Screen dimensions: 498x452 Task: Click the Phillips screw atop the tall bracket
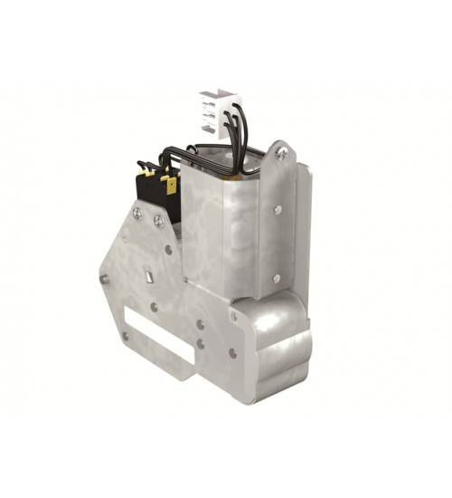[281, 154]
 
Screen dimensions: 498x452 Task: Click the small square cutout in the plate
[146, 273]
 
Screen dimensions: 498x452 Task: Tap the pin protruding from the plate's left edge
[104, 279]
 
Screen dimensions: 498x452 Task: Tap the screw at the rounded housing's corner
[234, 316]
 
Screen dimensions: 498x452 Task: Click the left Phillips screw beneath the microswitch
[137, 214]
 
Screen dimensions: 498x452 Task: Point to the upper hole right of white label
[201, 323]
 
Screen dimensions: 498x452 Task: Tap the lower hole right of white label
[201, 344]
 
